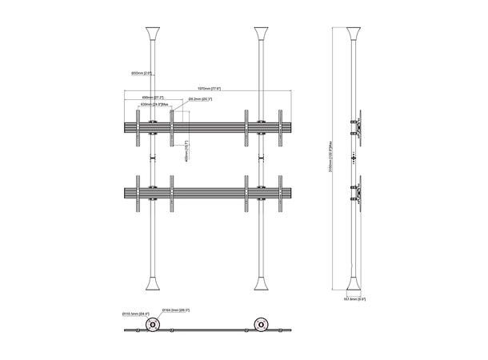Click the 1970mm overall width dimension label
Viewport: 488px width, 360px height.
click(210, 89)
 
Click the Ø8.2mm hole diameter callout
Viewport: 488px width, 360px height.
click(200, 99)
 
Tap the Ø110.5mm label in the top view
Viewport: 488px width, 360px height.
click(136, 314)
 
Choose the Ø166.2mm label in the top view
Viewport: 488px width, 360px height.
click(175, 309)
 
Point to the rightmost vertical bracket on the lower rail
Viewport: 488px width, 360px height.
click(281, 194)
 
